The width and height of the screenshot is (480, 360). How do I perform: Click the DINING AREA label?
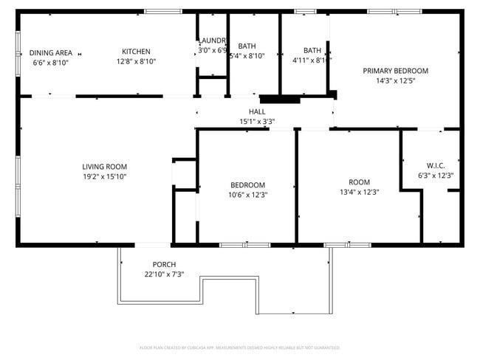pos(51,52)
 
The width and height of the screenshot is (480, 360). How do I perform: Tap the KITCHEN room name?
pos(136,52)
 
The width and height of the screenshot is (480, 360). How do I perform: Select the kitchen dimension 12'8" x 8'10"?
pos(136,62)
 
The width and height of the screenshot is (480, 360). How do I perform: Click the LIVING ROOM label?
pos(105,167)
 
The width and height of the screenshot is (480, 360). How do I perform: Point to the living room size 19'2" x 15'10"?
pos(105,177)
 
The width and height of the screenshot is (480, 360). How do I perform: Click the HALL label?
pos(257,112)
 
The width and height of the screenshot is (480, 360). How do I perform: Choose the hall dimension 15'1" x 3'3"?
pos(257,122)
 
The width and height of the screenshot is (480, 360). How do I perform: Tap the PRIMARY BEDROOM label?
pos(395,71)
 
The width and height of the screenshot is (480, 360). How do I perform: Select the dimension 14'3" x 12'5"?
pos(395,81)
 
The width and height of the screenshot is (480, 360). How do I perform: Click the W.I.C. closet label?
pos(436,165)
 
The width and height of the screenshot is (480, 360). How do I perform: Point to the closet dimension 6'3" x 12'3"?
pos(436,176)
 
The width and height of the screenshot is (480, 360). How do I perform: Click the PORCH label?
pos(164,265)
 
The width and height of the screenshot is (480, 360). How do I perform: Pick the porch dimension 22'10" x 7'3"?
pos(164,274)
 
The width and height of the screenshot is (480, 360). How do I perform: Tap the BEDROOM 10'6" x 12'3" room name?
pos(247,185)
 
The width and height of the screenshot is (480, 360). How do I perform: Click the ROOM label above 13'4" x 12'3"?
pos(360,182)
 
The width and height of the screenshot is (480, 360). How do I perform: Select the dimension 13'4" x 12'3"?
pos(360,193)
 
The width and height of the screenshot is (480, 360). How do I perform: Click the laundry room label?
pos(211,41)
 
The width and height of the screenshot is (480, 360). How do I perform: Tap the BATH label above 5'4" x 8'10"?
pos(247,46)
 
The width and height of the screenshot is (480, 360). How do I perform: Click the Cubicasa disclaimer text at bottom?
pos(239,347)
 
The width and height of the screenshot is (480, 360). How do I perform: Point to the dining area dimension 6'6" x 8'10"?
pos(51,63)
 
